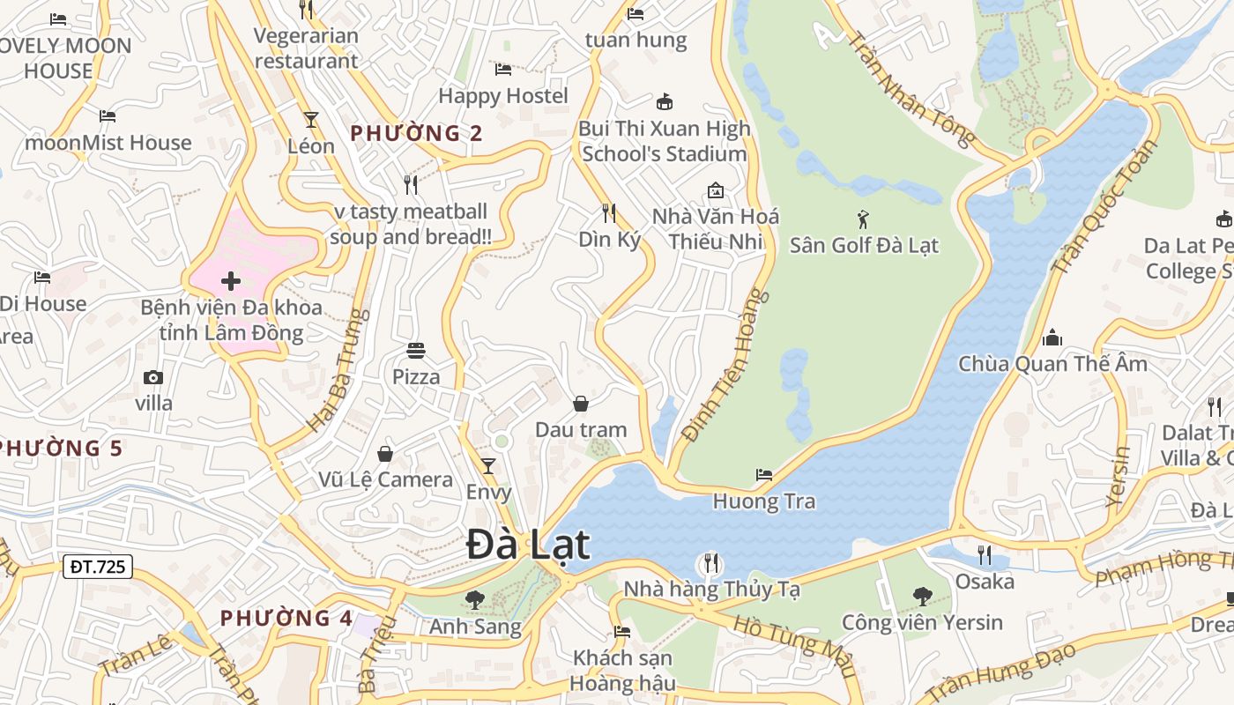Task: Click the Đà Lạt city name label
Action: click(x=528, y=544)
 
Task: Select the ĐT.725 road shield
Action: click(x=98, y=567)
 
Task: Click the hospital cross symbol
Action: click(x=231, y=281)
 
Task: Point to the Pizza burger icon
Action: click(x=416, y=351)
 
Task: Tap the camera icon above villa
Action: click(x=153, y=377)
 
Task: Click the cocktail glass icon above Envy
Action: click(x=488, y=465)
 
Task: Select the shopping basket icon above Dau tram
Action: click(x=581, y=404)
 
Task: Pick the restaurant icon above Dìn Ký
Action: click(x=608, y=212)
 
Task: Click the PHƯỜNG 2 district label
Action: click(x=417, y=133)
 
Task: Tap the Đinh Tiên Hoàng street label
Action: click(x=726, y=366)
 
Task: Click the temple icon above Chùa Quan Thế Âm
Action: click(x=1052, y=338)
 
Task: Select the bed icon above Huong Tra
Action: click(x=764, y=475)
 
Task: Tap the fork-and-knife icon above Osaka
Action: click(x=985, y=554)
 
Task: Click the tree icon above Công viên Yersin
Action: click(x=923, y=596)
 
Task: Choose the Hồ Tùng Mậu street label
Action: click(x=794, y=635)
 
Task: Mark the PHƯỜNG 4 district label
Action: click(x=286, y=618)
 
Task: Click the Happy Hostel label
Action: click(x=503, y=95)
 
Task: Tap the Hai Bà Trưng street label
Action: click(x=335, y=370)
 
